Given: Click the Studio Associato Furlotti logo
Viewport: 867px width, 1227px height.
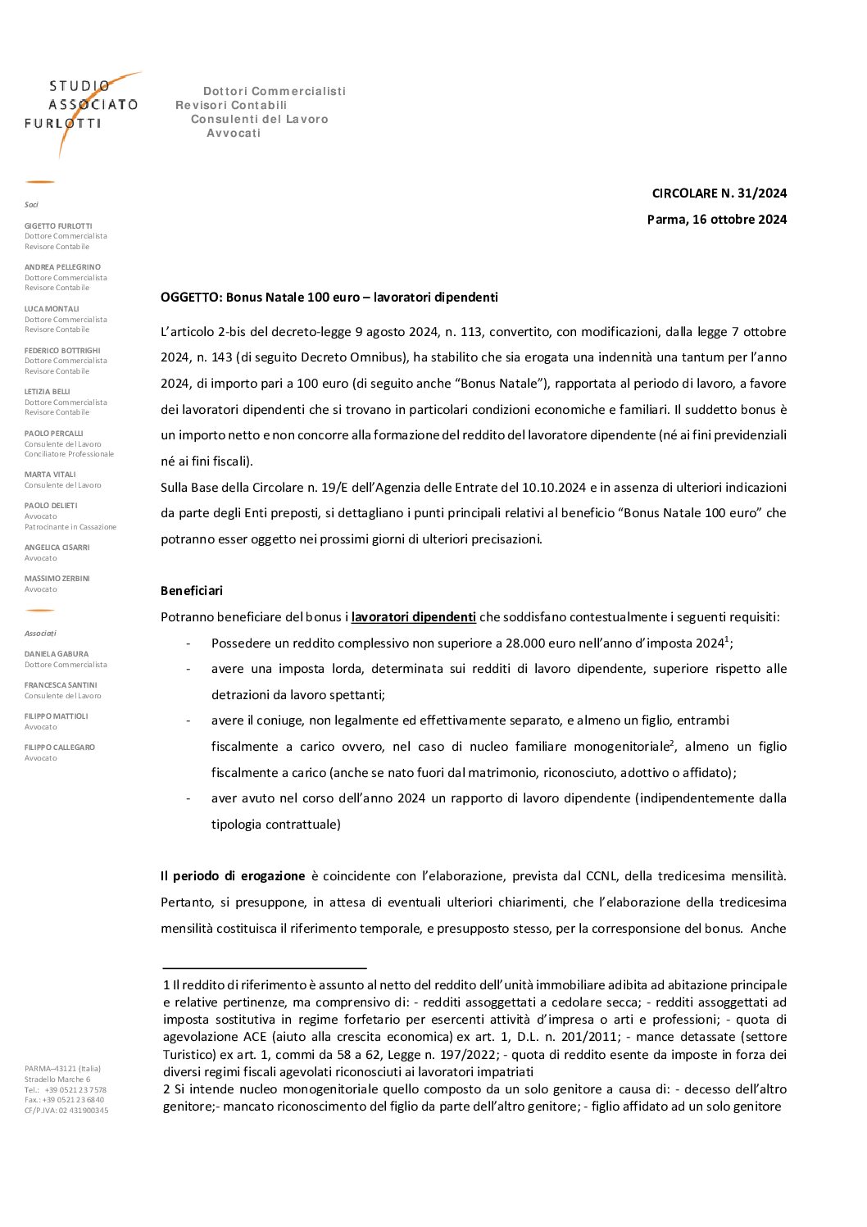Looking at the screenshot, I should pos(82,107).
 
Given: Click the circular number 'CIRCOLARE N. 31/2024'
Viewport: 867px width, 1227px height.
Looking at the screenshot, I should pos(719,193).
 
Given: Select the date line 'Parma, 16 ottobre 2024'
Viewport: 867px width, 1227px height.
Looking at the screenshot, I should pos(716,219).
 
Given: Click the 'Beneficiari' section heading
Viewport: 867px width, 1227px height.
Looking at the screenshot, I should pos(192,591).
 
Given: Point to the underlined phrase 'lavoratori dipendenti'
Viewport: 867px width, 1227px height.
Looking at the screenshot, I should pos(414,617).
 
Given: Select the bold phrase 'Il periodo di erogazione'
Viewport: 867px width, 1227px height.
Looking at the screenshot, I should pos(233,876).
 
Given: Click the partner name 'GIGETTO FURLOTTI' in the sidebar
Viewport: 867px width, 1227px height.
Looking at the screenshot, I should pos(58,226).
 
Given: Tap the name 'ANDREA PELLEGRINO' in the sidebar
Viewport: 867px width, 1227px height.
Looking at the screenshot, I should pos(62,267).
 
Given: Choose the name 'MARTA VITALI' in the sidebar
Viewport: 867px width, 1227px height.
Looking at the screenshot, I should pos(50,475).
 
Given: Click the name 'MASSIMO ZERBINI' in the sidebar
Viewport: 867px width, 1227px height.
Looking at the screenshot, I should pos(57,579).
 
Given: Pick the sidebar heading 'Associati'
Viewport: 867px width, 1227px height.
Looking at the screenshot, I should pos(40,634).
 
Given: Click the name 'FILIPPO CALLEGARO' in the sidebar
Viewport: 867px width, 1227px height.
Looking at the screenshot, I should pos(60,748).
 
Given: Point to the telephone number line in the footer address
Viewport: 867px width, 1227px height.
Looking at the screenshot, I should pos(66,1090).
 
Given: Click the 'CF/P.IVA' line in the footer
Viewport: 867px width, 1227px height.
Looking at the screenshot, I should pos(66,1111).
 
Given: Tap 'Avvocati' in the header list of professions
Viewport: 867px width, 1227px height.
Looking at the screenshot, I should pos(234,134).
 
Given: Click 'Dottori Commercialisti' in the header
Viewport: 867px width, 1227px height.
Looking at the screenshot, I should pos(275,91).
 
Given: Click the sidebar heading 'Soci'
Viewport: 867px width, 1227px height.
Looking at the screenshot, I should pos(31,205).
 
